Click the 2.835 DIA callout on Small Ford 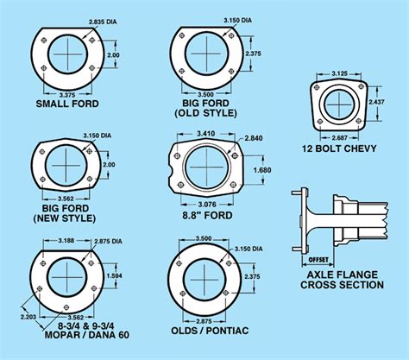coord(103,22)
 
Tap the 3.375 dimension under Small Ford coord(67,95)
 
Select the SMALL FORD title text coord(67,104)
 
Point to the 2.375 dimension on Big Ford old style coord(253,54)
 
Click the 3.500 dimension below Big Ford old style coord(206,94)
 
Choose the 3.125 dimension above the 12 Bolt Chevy coord(339,73)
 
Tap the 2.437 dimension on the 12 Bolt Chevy coord(376,102)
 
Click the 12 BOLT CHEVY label coord(339,148)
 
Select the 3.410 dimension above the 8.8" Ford coord(206,134)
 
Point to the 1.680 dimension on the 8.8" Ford coord(262,170)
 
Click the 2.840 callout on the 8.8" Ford coord(254,138)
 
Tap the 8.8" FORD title coord(207,215)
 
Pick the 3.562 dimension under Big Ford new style coord(66,199)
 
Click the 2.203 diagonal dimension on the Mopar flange coord(28,317)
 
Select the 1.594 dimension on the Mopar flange coord(114,275)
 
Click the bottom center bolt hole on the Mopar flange coord(66,306)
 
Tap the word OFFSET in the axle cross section coord(318,260)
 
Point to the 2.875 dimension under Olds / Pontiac coord(204,321)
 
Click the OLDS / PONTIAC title coord(210,331)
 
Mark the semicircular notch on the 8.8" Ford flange coord(171,170)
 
